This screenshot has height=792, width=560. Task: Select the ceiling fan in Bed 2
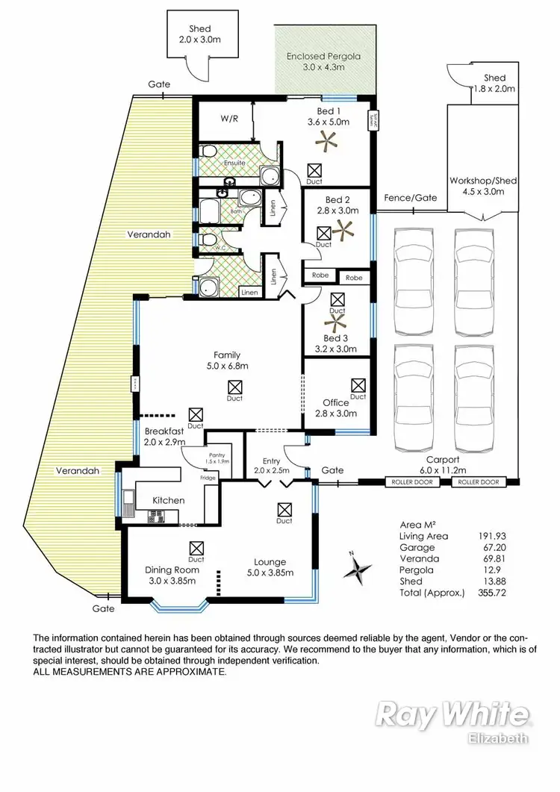coord(345,232)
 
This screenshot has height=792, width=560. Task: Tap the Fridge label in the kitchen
coord(208,477)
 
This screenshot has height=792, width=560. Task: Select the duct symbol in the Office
coord(358,385)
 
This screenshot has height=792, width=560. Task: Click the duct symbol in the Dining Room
coord(196,547)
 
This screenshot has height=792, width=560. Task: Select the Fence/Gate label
coord(410,198)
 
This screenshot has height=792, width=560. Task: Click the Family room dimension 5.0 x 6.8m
coord(226,366)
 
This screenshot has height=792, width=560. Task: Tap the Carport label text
coord(442,459)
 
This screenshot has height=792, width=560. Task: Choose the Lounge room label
coord(269,562)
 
